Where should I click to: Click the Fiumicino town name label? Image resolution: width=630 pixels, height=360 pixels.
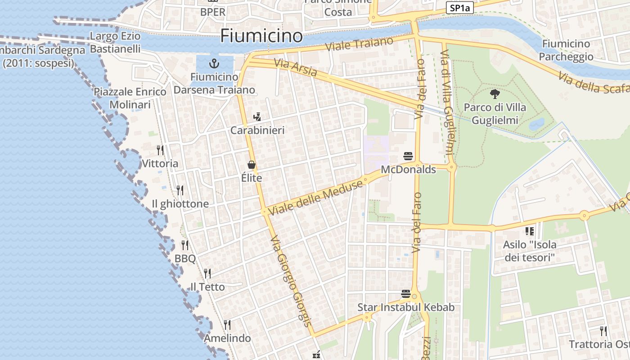click(x=261, y=36)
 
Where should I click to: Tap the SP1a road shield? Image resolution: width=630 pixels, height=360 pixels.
click(x=459, y=8)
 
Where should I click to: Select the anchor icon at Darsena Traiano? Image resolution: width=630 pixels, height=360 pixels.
click(x=214, y=63)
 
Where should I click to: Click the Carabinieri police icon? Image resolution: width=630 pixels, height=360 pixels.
click(x=257, y=117)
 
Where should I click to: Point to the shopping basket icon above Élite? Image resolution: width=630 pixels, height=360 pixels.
click(x=251, y=165)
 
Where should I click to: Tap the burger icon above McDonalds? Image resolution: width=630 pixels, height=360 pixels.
click(x=408, y=156)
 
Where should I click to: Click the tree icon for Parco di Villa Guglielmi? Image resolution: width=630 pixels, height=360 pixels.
click(x=495, y=94)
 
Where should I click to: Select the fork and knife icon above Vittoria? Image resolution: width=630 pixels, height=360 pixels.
click(x=160, y=150)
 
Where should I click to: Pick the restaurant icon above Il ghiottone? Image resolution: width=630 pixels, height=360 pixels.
click(x=180, y=190)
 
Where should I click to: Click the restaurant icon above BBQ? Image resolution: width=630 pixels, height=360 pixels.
click(x=185, y=245)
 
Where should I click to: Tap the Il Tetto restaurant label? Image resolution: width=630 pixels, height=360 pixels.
click(x=207, y=287)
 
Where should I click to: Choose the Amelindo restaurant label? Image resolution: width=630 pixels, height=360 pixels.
click(x=227, y=338)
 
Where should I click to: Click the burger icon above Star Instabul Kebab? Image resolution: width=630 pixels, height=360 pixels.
click(x=406, y=294)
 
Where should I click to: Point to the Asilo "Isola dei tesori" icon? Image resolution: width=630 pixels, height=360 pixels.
click(x=530, y=231)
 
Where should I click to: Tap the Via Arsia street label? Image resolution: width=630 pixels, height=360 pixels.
click(x=295, y=67)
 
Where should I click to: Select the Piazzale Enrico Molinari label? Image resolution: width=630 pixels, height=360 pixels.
click(x=130, y=98)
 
